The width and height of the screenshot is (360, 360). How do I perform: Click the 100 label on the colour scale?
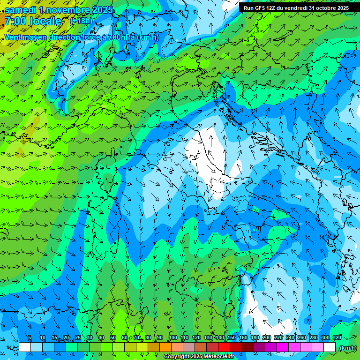173,337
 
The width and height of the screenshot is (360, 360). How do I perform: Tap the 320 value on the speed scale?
336,337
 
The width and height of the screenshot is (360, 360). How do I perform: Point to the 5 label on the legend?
30,337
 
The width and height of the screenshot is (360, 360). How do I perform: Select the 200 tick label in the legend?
266,337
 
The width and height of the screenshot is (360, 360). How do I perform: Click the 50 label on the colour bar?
113,337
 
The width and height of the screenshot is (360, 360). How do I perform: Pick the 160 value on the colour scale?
243,337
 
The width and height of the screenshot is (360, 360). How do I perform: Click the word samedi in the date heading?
21,10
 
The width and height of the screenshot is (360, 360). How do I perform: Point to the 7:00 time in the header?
16,21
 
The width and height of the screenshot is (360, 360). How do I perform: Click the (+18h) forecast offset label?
81,21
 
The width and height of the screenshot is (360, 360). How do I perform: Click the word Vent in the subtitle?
14,37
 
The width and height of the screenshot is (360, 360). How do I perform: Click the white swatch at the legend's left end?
25,347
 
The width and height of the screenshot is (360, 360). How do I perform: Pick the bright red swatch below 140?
224,347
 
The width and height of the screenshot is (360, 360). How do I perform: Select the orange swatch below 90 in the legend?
165,347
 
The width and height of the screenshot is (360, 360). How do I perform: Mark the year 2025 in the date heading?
102,10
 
